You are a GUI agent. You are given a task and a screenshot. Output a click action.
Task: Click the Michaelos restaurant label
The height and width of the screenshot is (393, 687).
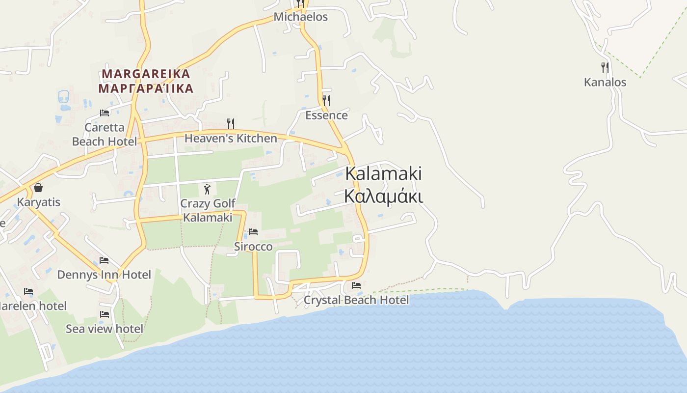pyautogui.click(x=300, y=17)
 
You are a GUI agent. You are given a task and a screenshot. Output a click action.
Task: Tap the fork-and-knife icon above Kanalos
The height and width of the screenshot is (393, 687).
pyautogui.click(x=605, y=68)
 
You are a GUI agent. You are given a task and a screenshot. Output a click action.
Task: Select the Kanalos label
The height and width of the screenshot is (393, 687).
pyautogui.click(x=605, y=82)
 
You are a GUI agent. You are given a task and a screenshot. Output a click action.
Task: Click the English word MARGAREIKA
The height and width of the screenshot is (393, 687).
pyautogui.click(x=146, y=74)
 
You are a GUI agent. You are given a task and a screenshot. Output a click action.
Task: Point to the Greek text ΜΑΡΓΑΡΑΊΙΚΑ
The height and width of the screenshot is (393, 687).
pyautogui.click(x=146, y=89)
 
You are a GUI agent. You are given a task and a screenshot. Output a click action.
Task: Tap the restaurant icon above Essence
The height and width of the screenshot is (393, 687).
pyautogui.click(x=326, y=101)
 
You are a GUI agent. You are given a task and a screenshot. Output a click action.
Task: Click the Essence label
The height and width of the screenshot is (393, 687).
pyautogui.click(x=326, y=115)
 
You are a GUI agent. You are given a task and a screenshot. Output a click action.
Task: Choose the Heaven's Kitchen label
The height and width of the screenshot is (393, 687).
pyautogui.click(x=231, y=139)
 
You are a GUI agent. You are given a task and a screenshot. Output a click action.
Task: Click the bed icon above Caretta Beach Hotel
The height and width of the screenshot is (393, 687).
pyautogui.click(x=105, y=113)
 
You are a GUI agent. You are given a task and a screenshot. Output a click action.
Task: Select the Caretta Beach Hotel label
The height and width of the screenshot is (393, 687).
pyautogui.click(x=105, y=135)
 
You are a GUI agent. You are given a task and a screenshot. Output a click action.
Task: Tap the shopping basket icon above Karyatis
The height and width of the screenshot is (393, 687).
pyautogui.click(x=38, y=188)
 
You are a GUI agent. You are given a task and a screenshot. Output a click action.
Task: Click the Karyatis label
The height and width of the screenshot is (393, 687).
pyautogui.click(x=39, y=202)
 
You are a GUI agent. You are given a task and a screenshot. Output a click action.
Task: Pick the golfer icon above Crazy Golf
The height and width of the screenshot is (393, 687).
pyautogui.click(x=207, y=189)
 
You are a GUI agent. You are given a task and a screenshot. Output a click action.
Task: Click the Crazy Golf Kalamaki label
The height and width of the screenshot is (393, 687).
pyautogui.click(x=208, y=210)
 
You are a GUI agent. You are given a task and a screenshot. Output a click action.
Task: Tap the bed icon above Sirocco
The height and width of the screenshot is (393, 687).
pyautogui.click(x=253, y=232)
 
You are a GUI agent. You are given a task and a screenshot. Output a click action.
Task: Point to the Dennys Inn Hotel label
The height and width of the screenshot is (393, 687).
pyautogui.click(x=104, y=275)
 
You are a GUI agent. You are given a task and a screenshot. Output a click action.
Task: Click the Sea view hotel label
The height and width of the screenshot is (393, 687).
pyautogui.click(x=105, y=329)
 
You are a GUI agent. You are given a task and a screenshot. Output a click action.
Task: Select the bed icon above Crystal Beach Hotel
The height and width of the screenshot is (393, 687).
pyautogui.click(x=356, y=285)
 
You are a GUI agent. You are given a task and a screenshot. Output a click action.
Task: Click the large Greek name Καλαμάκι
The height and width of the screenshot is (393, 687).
pyautogui.click(x=383, y=196)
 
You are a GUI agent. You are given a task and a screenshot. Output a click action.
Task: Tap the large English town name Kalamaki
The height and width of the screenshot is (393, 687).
pyautogui.click(x=383, y=173)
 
